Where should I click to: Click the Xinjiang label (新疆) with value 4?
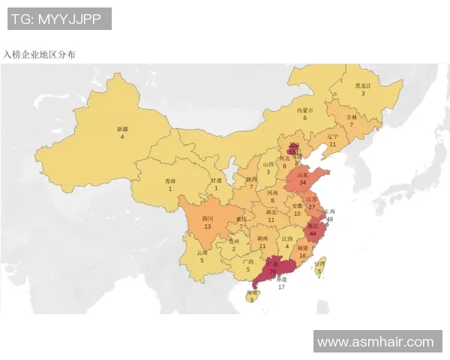122,130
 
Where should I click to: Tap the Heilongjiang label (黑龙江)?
363,85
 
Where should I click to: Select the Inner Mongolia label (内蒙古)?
304,110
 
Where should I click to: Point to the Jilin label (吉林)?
351,118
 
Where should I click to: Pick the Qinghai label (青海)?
170,181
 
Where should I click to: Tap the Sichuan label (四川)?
207,219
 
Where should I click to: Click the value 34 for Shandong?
302,182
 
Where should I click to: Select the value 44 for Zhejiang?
313,232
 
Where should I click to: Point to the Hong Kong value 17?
281,286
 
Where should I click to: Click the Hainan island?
250,295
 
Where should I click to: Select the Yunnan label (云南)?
202,253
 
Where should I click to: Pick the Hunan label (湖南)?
262,238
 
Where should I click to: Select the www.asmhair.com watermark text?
375,342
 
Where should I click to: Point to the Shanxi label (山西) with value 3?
268,164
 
